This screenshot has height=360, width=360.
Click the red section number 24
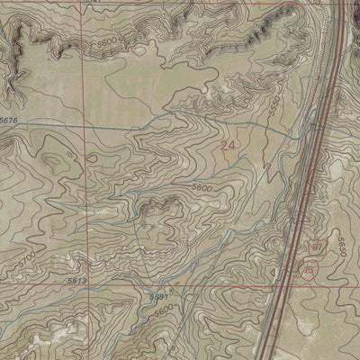point(229,143)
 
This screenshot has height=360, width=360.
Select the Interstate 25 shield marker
point(310,269)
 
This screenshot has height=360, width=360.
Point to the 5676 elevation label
point(9,121)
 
